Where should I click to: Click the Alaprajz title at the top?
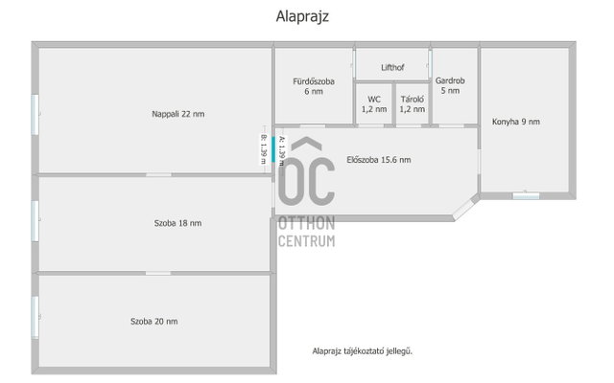click(302, 17)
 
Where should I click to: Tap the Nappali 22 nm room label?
click(178, 114)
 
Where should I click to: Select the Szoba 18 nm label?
click(177, 223)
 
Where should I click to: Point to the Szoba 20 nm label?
click(153, 322)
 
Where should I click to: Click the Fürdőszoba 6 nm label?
click(314, 86)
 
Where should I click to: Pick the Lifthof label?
click(392, 68)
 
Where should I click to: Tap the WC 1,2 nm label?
click(374, 104)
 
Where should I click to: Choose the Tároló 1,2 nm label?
click(412, 104)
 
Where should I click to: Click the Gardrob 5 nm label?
click(450, 85)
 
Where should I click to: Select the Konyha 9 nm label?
click(516, 122)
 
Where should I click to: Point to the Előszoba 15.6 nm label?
click(379, 160)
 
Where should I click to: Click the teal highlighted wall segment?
click(272, 149)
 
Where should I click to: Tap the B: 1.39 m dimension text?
click(264, 149)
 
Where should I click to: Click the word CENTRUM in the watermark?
click(307, 241)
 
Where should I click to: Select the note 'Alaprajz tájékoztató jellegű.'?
click(363, 351)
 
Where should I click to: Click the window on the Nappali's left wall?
click(35, 115)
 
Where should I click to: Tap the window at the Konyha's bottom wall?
click(526, 195)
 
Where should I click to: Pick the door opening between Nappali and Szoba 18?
click(158, 174)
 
